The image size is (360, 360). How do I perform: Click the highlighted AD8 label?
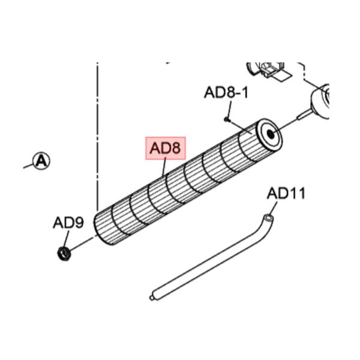click(x=166, y=148)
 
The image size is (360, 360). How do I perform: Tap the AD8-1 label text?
click(x=226, y=92)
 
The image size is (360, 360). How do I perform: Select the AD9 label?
click(x=68, y=222)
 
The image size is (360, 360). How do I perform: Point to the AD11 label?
click(x=286, y=193)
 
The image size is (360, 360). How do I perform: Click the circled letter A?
click(x=41, y=161)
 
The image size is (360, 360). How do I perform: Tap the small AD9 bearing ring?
click(x=64, y=254)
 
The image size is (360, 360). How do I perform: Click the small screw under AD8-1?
click(x=226, y=119)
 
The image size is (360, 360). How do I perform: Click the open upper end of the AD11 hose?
click(x=268, y=217)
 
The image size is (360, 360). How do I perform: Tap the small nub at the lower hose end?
click(x=151, y=298)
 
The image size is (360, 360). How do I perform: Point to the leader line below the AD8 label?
click(x=164, y=166)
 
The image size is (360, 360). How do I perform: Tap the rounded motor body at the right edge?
click(x=320, y=102)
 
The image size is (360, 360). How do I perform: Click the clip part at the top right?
click(x=269, y=70)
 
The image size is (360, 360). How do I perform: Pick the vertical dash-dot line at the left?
click(x=98, y=136)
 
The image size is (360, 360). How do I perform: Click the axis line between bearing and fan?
click(x=82, y=244)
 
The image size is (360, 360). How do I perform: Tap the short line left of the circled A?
click(x=28, y=166)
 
